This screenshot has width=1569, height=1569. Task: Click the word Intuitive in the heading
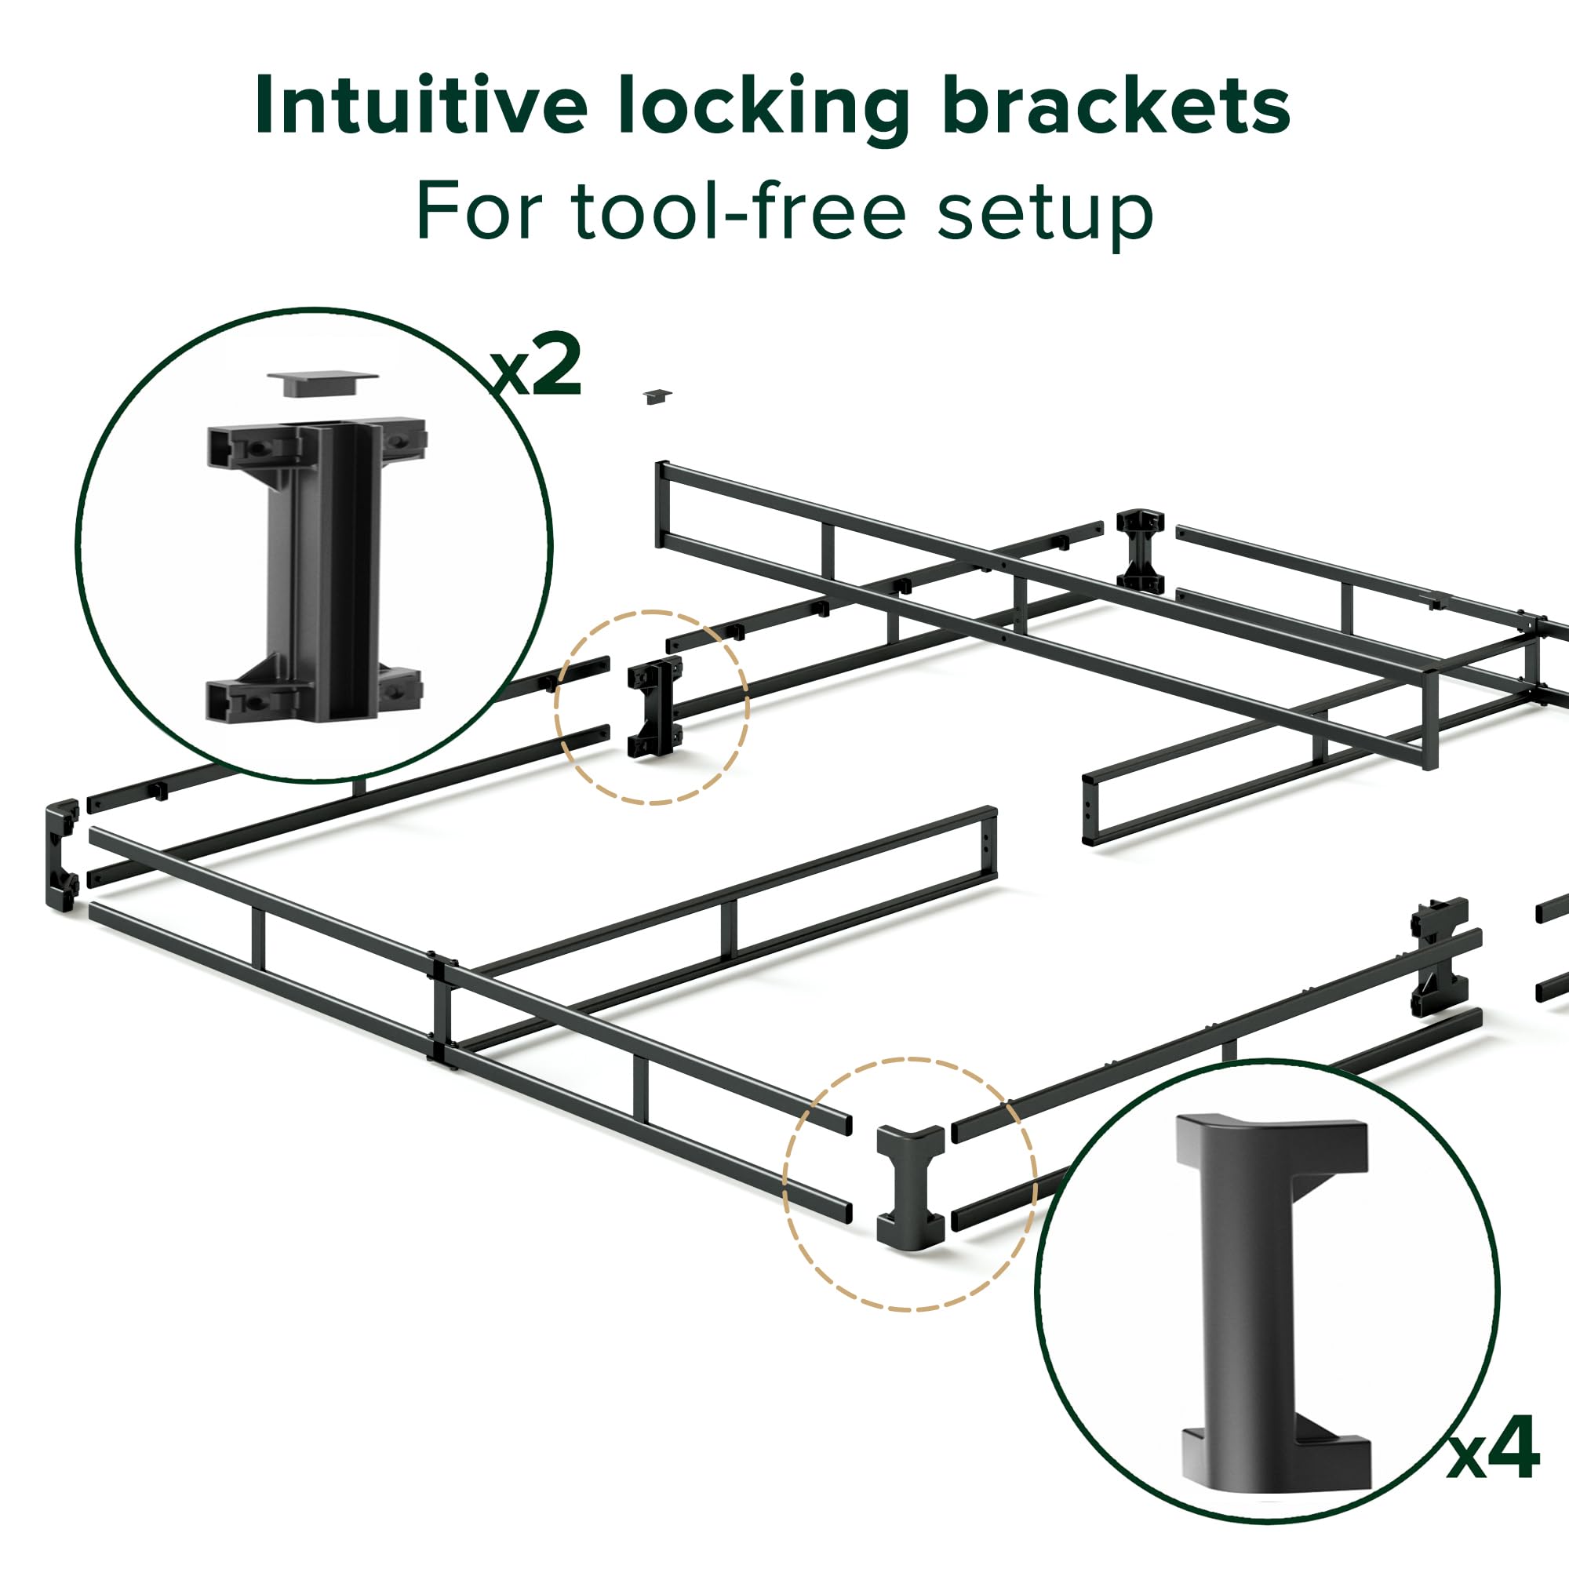coord(420,107)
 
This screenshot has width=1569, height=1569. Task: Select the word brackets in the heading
coord(1116,107)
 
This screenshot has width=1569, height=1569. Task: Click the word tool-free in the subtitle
coord(738,210)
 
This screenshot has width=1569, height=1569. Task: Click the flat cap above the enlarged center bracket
coord(322,384)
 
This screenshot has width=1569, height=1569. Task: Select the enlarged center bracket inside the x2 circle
coord(321,569)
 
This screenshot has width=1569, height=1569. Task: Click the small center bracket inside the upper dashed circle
coord(653,708)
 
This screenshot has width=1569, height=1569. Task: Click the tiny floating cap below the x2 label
coord(656,396)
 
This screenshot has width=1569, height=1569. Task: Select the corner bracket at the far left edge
coord(61,854)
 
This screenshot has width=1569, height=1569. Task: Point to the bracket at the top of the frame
coord(1139,551)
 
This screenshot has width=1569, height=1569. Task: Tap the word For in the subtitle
coord(479,210)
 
